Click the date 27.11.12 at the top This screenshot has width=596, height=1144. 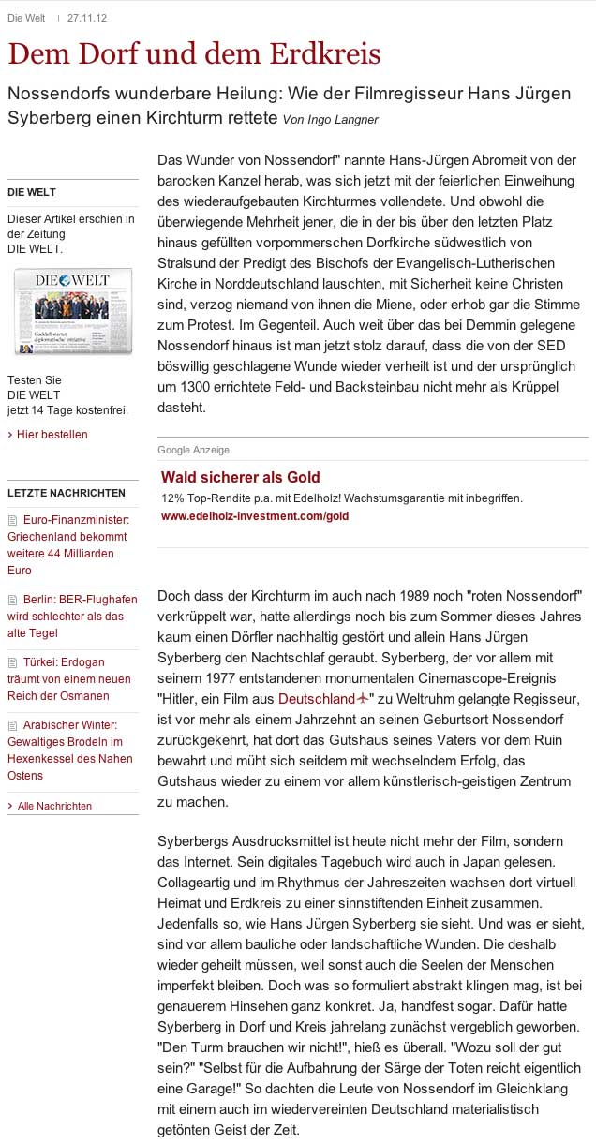[86, 18]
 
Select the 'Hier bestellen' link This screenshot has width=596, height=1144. [52, 435]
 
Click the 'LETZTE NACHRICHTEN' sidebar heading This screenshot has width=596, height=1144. [67, 493]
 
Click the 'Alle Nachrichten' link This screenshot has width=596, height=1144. [55, 806]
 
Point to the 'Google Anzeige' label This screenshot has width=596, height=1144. [193, 450]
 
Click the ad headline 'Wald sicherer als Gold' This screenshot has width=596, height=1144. [241, 477]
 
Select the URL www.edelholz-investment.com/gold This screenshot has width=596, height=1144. [255, 516]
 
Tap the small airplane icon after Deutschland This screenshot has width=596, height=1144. [364, 699]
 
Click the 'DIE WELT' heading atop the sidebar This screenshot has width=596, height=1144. [32, 192]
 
